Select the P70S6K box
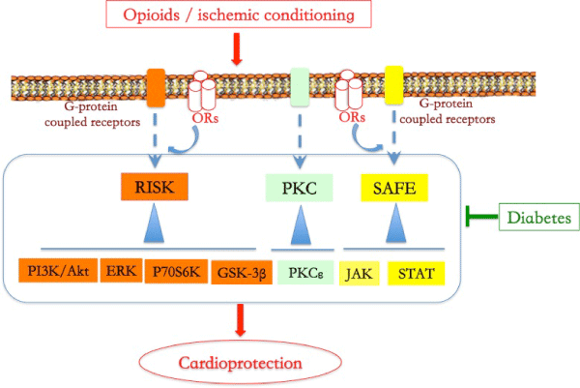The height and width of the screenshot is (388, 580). [175, 271]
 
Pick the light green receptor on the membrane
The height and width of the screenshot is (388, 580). [302, 85]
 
